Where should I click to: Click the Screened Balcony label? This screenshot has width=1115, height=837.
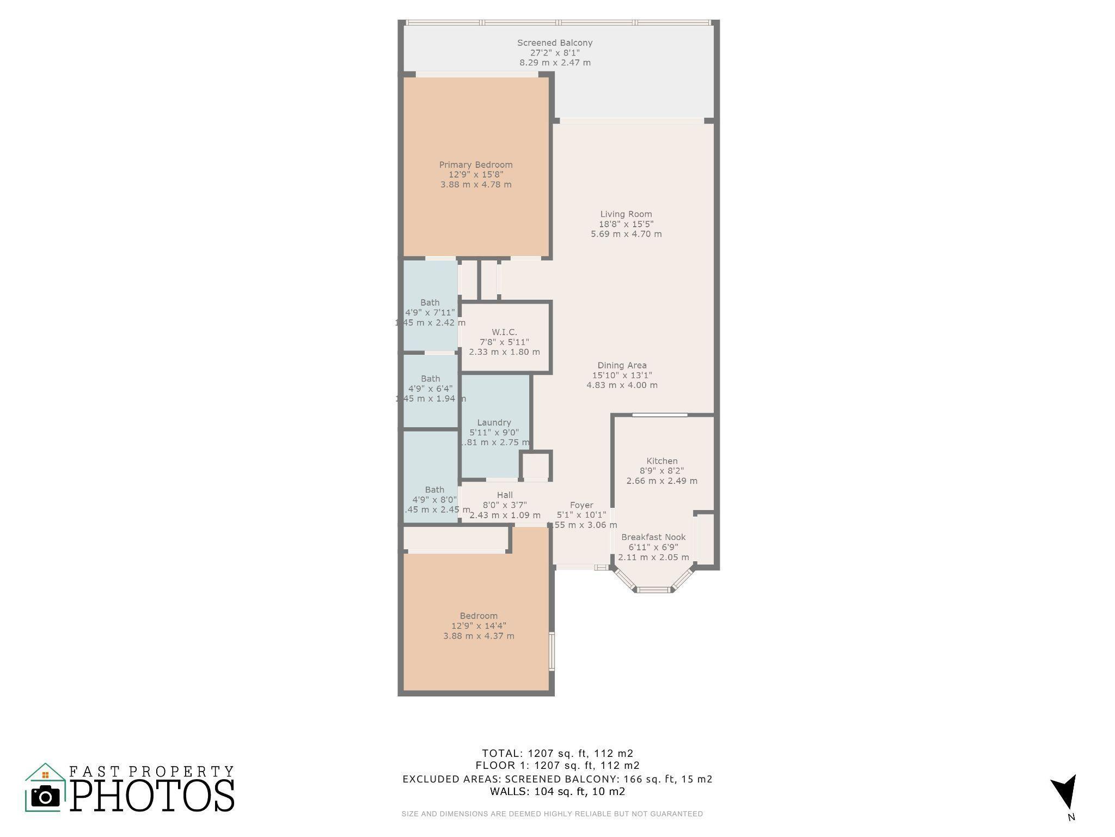[x=554, y=43]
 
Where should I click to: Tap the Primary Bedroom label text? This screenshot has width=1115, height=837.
[x=475, y=165]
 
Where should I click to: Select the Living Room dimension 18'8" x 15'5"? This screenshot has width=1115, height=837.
[x=626, y=224]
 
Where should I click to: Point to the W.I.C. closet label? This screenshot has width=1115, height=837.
[x=504, y=332]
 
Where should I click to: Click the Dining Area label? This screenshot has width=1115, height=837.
[x=622, y=365]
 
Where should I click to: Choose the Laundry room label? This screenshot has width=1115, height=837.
[x=494, y=422]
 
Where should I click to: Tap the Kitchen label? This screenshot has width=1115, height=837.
[x=661, y=461]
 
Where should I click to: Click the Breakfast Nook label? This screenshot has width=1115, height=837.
[x=653, y=537]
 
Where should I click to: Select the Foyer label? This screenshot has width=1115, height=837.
[x=581, y=505]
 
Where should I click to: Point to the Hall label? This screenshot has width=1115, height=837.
[x=505, y=495]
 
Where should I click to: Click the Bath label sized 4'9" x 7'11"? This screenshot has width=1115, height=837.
[x=430, y=302]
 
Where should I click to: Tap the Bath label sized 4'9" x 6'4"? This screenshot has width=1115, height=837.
[x=430, y=379]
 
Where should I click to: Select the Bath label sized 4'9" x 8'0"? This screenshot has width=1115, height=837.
[x=434, y=489]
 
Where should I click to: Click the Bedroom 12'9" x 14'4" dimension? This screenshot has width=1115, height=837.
[x=479, y=626]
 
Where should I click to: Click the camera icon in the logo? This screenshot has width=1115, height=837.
[x=45, y=797]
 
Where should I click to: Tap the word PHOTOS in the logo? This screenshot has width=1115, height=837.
[x=152, y=796]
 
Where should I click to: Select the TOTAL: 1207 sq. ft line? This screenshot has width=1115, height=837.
[x=557, y=753]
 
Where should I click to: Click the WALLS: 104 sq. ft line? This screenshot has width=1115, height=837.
[x=557, y=791]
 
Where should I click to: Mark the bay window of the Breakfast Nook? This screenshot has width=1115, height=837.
[x=654, y=589]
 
